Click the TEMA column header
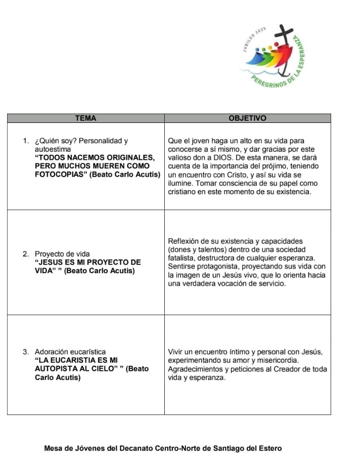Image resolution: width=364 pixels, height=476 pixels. (85, 118)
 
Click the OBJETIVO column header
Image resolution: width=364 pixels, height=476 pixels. (247, 118)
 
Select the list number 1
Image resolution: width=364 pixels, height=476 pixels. (26, 141)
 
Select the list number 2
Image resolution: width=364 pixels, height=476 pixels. (26, 253)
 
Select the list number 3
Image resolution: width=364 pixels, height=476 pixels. (26, 352)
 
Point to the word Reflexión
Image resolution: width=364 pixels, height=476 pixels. (184, 241)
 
